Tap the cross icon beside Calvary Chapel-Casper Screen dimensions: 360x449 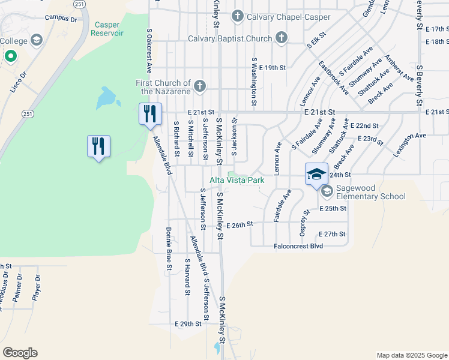pos(238,16)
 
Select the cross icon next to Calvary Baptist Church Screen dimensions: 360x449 pos(280,39)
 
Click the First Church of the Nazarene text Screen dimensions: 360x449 pos(163,87)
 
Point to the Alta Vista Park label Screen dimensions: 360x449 pos(237,180)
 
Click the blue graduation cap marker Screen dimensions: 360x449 pos(316,175)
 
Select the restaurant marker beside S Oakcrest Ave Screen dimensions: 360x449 pos(149,113)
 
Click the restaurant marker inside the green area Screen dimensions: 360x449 pos(98,146)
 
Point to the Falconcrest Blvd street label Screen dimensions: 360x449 pos(303,246)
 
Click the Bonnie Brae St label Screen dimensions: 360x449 pos(169,248)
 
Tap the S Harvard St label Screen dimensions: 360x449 pos(187,277)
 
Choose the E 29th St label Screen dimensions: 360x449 pos(188,323)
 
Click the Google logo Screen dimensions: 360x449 pos(20,353)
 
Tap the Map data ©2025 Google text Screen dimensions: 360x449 pos(412,355)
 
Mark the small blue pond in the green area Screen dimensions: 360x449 pos(106,97)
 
